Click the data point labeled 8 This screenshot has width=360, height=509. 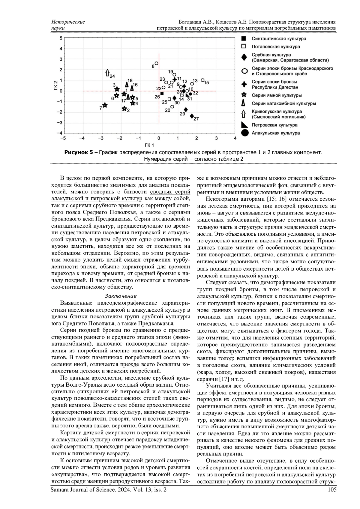point(156,63)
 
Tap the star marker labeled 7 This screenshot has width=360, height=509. point(105,105)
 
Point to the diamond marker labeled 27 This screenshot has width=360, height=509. point(192,116)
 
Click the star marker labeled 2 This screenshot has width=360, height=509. point(124,109)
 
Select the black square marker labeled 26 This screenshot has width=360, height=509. point(162,93)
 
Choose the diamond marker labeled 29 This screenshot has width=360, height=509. point(186,109)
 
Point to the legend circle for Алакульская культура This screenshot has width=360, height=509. point(244,133)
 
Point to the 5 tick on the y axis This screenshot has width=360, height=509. point(61,38)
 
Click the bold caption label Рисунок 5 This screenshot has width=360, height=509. point(79,152)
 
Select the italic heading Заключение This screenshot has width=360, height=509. point(121,296)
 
